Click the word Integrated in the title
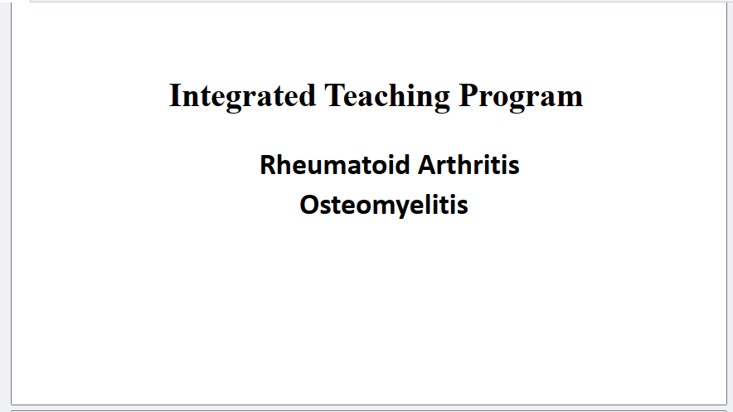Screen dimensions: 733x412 point(242,97)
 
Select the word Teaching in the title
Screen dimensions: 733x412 point(387,97)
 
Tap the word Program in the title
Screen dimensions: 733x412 point(522,97)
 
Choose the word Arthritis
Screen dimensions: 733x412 point(468,165)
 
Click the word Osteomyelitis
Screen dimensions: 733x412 point(384,205)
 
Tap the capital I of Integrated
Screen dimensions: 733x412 point(175,95)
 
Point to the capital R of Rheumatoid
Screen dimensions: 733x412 point(268,165)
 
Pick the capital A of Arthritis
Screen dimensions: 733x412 point(427,165)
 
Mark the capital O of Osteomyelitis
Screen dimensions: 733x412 point(309,205)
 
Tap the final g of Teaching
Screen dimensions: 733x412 point(442,100)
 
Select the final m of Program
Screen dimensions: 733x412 point(570,99)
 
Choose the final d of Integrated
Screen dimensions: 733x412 point(308,95)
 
